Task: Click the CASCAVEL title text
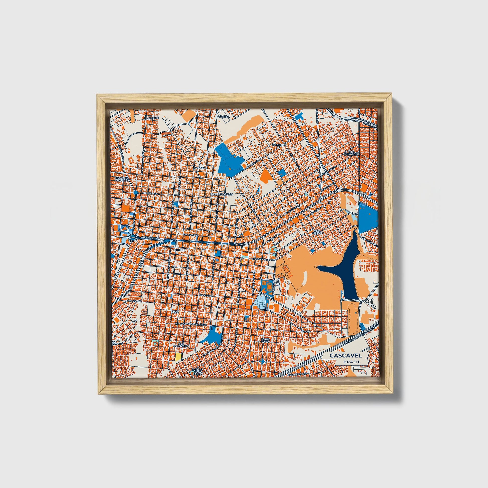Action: point(345,355)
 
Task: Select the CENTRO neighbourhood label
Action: point(180,250)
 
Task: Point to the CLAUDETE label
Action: point(151,118)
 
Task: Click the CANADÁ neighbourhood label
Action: point(224,116)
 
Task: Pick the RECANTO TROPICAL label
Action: point(122,179)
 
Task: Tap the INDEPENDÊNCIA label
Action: point(222,194)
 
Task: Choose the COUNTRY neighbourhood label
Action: point(279,145)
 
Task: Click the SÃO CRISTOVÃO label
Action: point(351,153)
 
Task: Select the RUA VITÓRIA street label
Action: point(206,295)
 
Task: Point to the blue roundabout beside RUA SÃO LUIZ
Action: point(136,193)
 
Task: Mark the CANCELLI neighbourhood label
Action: point(201,168)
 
